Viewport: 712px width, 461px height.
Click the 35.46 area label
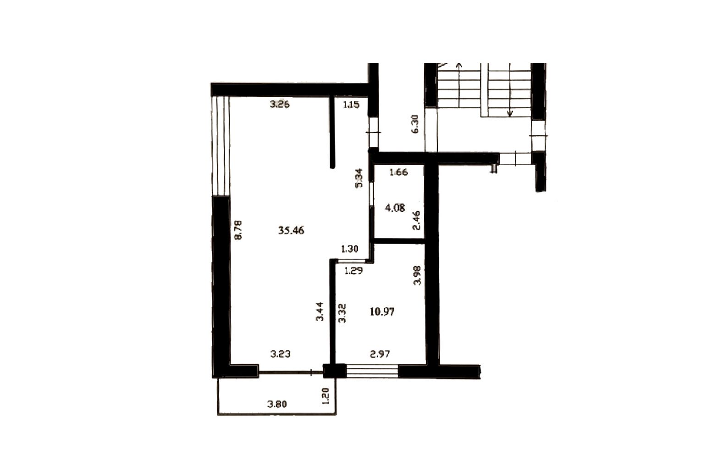click(291, 230)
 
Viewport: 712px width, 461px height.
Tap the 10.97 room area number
click(382, 311)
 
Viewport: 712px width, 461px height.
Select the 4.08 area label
click(395, 208)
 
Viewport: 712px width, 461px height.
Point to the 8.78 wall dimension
click(238, 230)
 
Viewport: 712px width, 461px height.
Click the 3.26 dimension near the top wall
click(280, 104)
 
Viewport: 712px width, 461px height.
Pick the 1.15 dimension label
click(351, 104)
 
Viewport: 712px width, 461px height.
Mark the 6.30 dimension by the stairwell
click(415, 124)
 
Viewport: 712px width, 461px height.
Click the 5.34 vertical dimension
click(359, 178)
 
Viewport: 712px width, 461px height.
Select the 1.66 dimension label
click(398, 172)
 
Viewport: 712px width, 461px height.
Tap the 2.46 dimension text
click(416, 220)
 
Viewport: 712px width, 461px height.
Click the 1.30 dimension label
click(350, 249)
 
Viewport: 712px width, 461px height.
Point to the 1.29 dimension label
click(354, 271)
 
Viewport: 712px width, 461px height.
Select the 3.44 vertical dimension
click(320, 311)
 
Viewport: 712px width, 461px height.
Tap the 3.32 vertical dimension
click(342, 313)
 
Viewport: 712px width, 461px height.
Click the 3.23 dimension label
click(280, 354)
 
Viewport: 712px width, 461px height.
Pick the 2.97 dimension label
click(380, 354)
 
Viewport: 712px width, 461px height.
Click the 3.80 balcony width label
click(277, 404)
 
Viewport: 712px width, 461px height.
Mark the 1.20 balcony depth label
click(326, 396)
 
